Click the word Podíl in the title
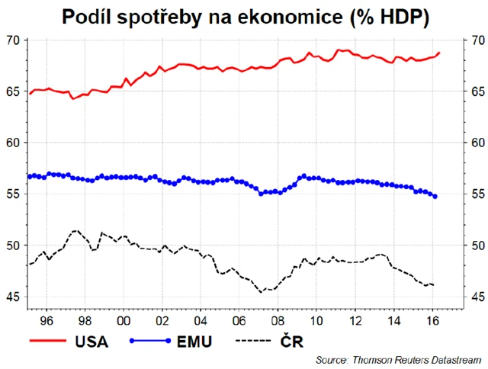[x=90, y=17]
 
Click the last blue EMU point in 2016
[x=435, y=197]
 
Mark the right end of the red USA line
[x=440, y=53]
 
